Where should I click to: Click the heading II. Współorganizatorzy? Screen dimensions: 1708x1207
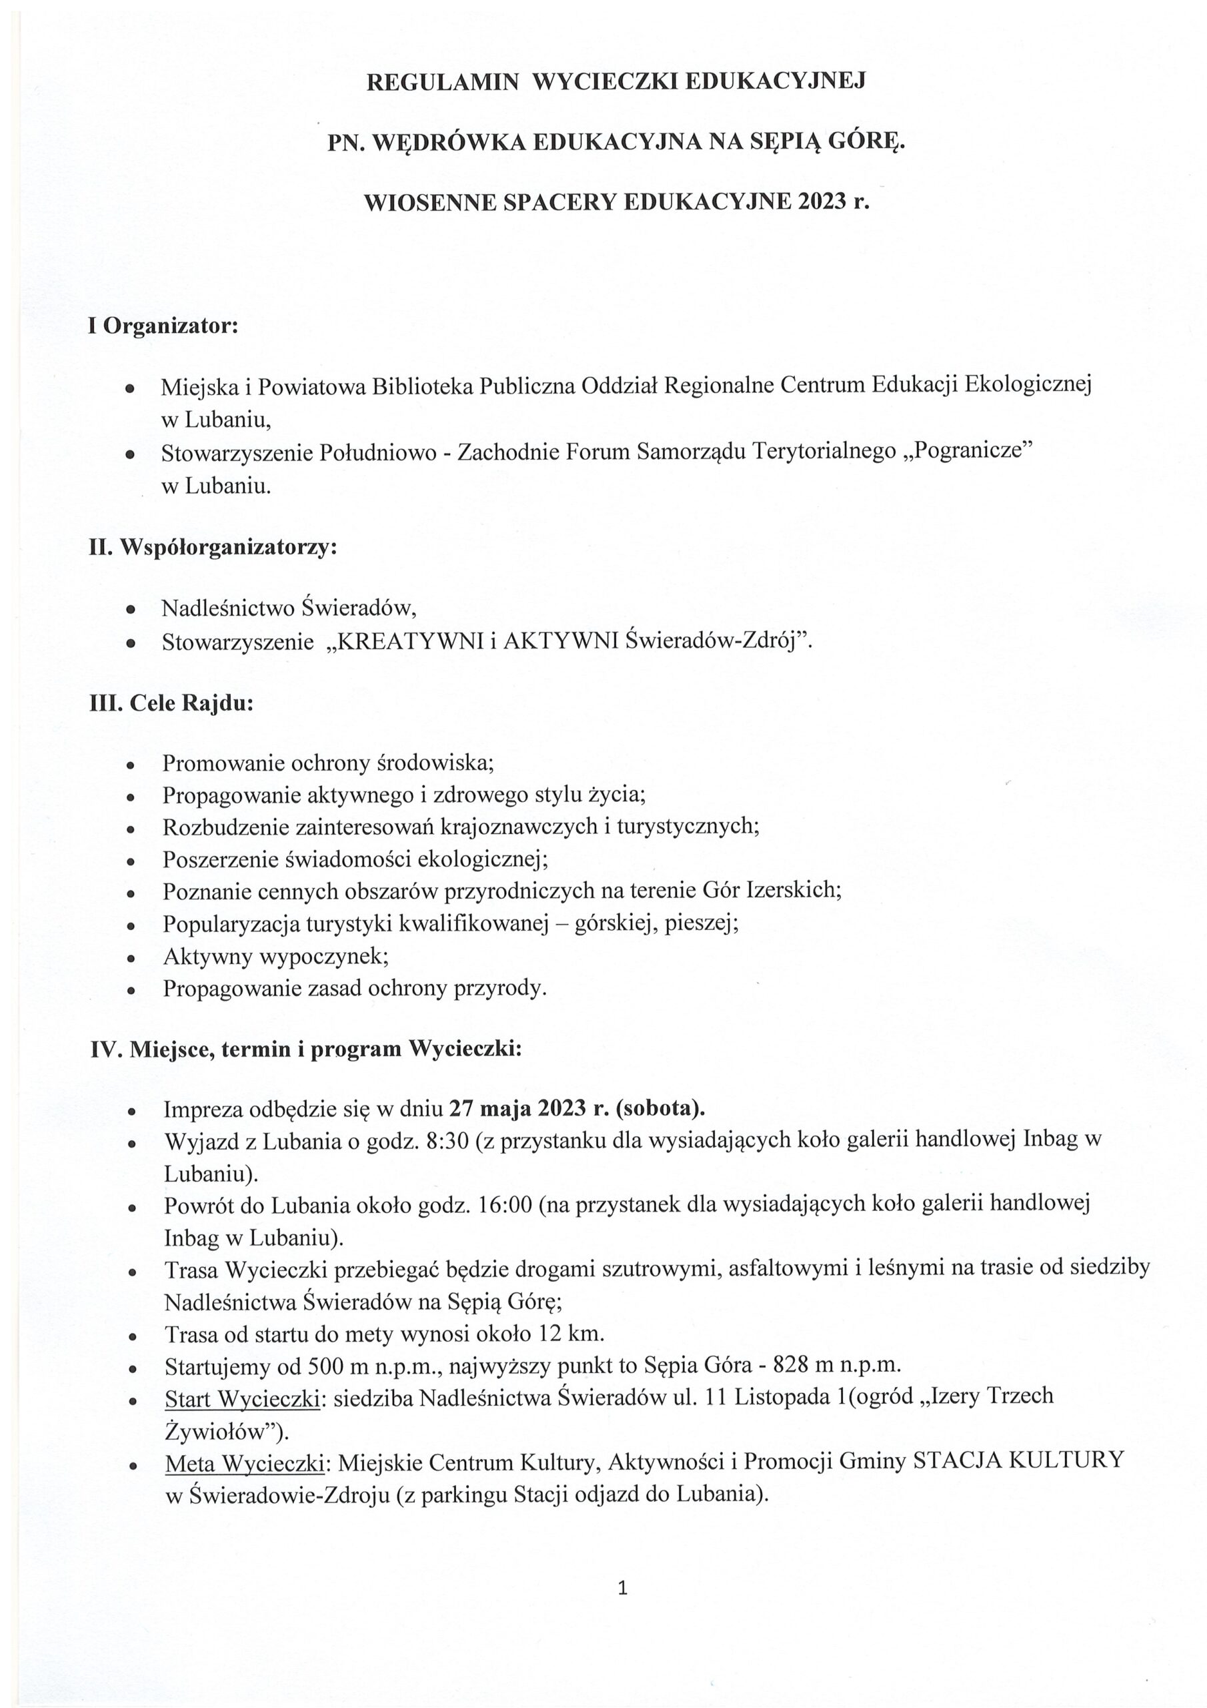[x=213, y=548]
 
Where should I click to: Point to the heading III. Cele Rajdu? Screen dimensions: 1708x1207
[x=171, y=703]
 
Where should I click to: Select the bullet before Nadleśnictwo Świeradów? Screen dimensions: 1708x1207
[x=131, y=610]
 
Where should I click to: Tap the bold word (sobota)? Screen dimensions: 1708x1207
[x=660, y=1109]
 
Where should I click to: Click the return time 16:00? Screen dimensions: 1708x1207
[x=505, y=1204]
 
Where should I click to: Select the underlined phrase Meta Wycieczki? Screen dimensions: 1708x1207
[x=244, y=1462]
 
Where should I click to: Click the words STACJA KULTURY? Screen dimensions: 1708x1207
[x=1018, y=1461]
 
